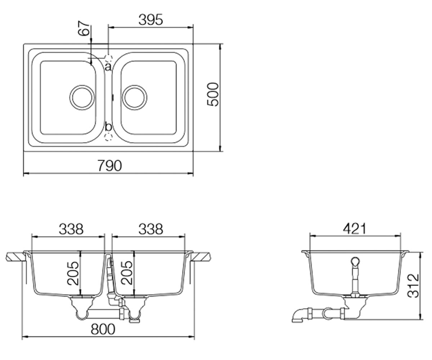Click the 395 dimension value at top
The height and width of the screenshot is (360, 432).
pyautogui.click(x=150, y=20)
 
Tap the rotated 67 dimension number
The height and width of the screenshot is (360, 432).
pyautogui.click(x=84, y=28)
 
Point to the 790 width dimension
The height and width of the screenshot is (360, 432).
pyautogui.click(x=110, y=166)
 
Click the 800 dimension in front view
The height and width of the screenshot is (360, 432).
pyautogui.click(x=103, y=329)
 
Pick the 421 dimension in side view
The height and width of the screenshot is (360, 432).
pyautogui.click(x=355, y=229)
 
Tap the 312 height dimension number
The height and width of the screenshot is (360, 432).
pyautogui.click(x=413, y=286)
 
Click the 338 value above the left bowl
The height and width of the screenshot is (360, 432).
pyautogui.click(x=71, y=229)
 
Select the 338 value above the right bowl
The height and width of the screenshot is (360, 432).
pyautogui.click(x=151, y=229)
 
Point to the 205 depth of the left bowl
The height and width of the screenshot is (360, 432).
pyautogui.click(x=73, y=273)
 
